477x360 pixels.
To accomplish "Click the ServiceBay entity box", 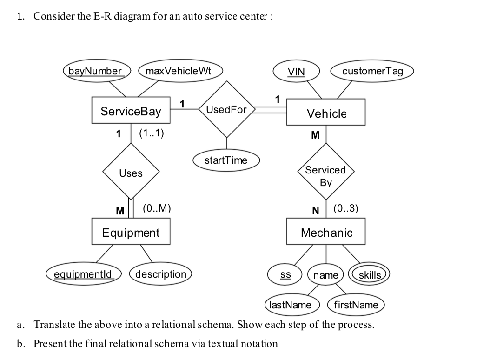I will pos(131,111).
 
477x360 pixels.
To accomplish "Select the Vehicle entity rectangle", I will pos(326,113).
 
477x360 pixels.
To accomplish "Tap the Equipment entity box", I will pos(131,232).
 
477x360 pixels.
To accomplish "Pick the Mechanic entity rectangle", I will pos(326,232).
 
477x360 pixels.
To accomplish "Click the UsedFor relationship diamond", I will pos(227,110).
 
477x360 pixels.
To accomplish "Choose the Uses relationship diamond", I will pos(131,173).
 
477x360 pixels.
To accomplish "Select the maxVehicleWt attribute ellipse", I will pos(178,71).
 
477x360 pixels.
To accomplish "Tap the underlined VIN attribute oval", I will pos(296,72).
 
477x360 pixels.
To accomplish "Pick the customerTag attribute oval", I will pos(372,71).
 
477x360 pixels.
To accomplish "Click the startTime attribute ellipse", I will pos(226,160).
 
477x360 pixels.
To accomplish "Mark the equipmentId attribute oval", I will pos(83,274).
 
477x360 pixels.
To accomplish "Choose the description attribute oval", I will pos(160,274).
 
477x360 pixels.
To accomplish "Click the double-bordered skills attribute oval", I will pos(370,275).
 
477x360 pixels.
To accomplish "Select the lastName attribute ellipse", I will pos(291,305).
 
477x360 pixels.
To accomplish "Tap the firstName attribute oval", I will pos(357,305).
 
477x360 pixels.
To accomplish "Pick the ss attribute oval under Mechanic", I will pos(285,275).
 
